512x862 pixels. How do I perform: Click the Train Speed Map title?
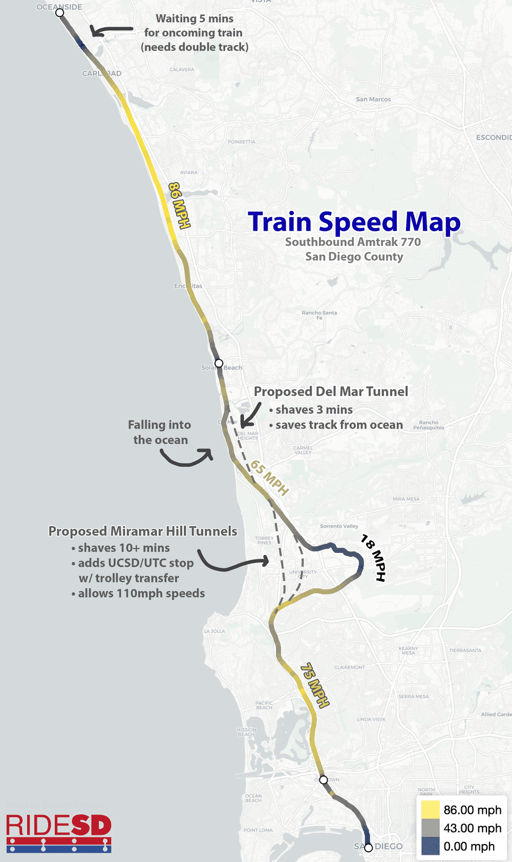[x=354, y=223]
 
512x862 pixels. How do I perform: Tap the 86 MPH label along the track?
[x=179, y=205]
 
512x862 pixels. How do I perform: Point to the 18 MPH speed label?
[x=373, y=557]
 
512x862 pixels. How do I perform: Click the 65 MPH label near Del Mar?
[x=269, y=478]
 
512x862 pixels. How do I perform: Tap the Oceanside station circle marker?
[x=60, y=12]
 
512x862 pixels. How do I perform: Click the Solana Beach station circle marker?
[x=219, y=363]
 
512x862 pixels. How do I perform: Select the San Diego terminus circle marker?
[x=368, y=848]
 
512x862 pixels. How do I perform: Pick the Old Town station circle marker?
[x=324, y=780]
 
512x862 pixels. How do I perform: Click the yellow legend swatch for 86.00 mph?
[x=430, y=810]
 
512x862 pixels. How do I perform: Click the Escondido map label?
[x=494, y=137]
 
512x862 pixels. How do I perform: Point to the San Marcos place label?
[x=373, y=99]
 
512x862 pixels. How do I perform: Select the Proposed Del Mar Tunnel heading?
[x=331, y=392]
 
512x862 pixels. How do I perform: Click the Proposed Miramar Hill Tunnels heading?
[x=143, y=531]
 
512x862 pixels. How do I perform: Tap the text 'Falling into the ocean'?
[x=160, y=433]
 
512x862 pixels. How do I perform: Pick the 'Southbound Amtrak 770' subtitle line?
[x=353, y=242]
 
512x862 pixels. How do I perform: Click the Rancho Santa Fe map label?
[x=319, y=315]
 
